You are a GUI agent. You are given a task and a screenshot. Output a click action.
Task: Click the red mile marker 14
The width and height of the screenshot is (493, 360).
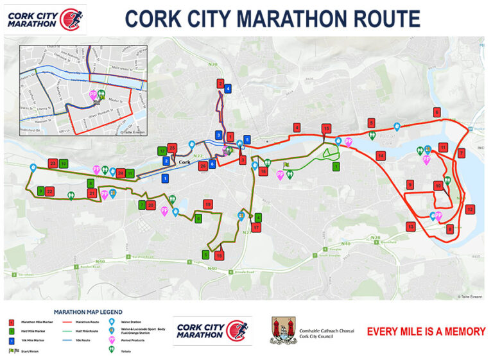pyautogui.click(x=381, y=156)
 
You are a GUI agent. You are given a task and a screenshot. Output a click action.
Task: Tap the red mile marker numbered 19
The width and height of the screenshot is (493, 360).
pyautogui.click(x=207, y=204)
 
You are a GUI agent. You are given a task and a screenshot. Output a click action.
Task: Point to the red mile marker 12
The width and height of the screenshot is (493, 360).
pyautogui.click(x=470, y=209)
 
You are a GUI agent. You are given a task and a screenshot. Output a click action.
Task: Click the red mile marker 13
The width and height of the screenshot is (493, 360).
pyautogui.click(x=411, y=226)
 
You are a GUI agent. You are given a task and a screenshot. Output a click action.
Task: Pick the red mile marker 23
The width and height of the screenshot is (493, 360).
pyautogui.click(x=53, y=164)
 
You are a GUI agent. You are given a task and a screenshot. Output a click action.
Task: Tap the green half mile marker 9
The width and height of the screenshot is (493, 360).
pyautogui.click(x=40, y=191)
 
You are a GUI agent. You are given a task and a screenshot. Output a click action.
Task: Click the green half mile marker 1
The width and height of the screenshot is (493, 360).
pyautogui.click(x=336, y=167)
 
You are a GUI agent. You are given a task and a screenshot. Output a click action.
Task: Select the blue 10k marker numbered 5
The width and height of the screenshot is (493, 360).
pyautogui.click(x=246, y=139)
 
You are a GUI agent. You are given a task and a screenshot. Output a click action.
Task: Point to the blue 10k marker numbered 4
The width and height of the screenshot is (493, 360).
pyautogui.click(x=227, y=89)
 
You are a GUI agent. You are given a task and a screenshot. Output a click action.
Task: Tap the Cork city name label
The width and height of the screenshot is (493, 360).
pyautogui.click(x=185, y=162)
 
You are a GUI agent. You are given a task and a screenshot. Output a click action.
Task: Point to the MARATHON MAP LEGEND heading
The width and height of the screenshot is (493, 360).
pyautogui.click(x=88, y=312)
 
